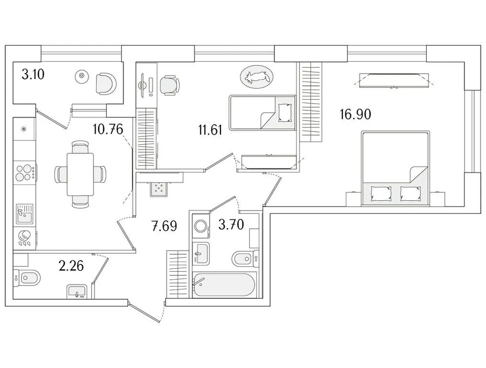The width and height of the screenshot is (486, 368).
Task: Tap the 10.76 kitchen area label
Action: pyautogui.click(x=106, y=130)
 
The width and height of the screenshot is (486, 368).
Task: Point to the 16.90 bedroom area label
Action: pyautogui.click(x=356, y=115)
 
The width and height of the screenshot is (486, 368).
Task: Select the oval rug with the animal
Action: pyautogui.click(x=256, y=76)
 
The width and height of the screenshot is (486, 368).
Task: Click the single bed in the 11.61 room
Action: pyautogui.click(x=262, y=113)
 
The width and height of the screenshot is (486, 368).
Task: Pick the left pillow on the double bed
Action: pyautogui.click(x=381, y=193)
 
